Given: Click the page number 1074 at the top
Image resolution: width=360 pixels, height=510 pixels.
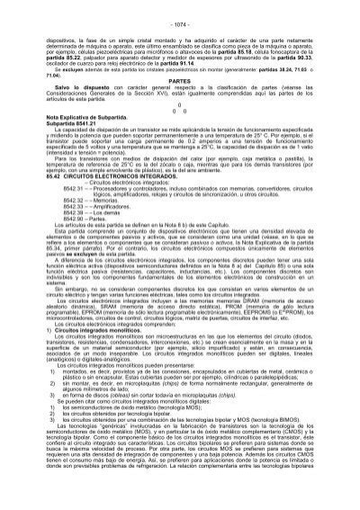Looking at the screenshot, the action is click(x=180, y=9).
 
